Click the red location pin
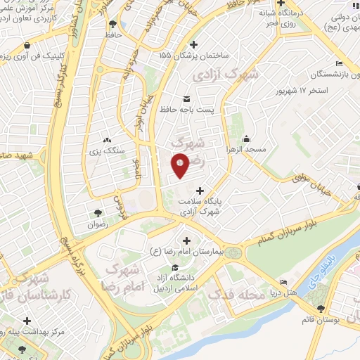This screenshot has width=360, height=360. tap(180, 165)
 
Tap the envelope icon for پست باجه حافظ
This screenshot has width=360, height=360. tap(186, 98)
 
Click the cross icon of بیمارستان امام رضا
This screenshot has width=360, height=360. tap(186, 241)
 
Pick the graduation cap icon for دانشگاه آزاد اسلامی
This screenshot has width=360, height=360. tap(174, 267)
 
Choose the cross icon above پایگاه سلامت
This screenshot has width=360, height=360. tap(200, 190)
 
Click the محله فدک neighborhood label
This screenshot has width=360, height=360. tap(240, 295)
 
